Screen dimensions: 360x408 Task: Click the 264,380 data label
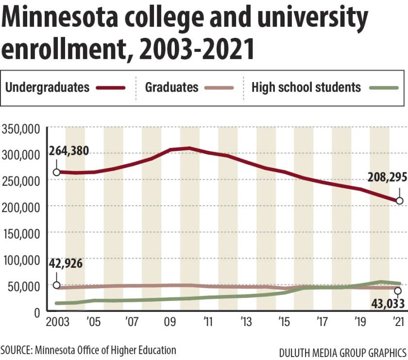pyautogui.click(x=69, y=151)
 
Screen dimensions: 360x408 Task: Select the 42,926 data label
pyautogui.click(x=66, y=264)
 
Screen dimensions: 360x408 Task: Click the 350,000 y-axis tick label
pyautogui.click(x=23, y=129)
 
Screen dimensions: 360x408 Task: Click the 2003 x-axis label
pyautogui.click(x=57, y=323)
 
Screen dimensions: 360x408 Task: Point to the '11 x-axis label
pyautogui.click(x=207, y=323)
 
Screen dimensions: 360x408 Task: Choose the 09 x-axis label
pyautogui.click(x=170, y=323)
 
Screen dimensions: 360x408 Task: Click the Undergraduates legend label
pyautogui.click(x=47, y=87)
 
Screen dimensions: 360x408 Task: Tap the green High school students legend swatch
pyautogui.click(x=384, y=88)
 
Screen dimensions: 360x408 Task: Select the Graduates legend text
pyautogui.click(x=171, y=87)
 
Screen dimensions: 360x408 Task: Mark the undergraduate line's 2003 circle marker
pyautogui.click(x=56, y=172)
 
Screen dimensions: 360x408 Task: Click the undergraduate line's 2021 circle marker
pyautogui.click(x=399, y=200)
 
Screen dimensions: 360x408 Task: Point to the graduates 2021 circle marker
pyautogui.click(x=398, y=291)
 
